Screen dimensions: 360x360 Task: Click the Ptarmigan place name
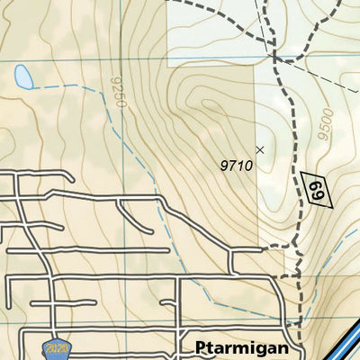pos(241,348)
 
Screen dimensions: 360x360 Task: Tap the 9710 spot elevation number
pos(237,165)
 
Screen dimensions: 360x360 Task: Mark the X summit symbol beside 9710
pos(261,149)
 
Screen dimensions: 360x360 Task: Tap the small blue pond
pos(23,78)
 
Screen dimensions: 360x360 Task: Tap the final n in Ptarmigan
pos(283,348)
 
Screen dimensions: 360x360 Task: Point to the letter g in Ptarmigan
pos(255,350)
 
